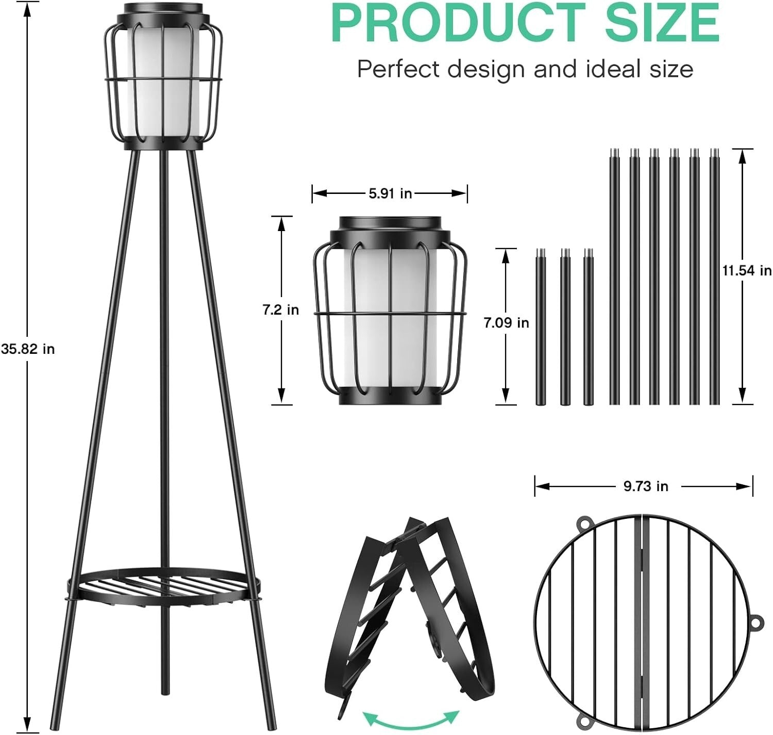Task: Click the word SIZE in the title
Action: pos(662,23)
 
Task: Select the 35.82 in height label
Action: pos(27,349)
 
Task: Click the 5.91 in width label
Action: pos(390,193)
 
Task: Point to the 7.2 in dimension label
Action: pos(280,310)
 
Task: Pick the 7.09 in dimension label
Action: pos(506,323)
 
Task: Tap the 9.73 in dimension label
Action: pos(645,486)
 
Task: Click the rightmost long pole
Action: pos(714,279)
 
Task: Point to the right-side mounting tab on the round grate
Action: pos(756,622)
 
